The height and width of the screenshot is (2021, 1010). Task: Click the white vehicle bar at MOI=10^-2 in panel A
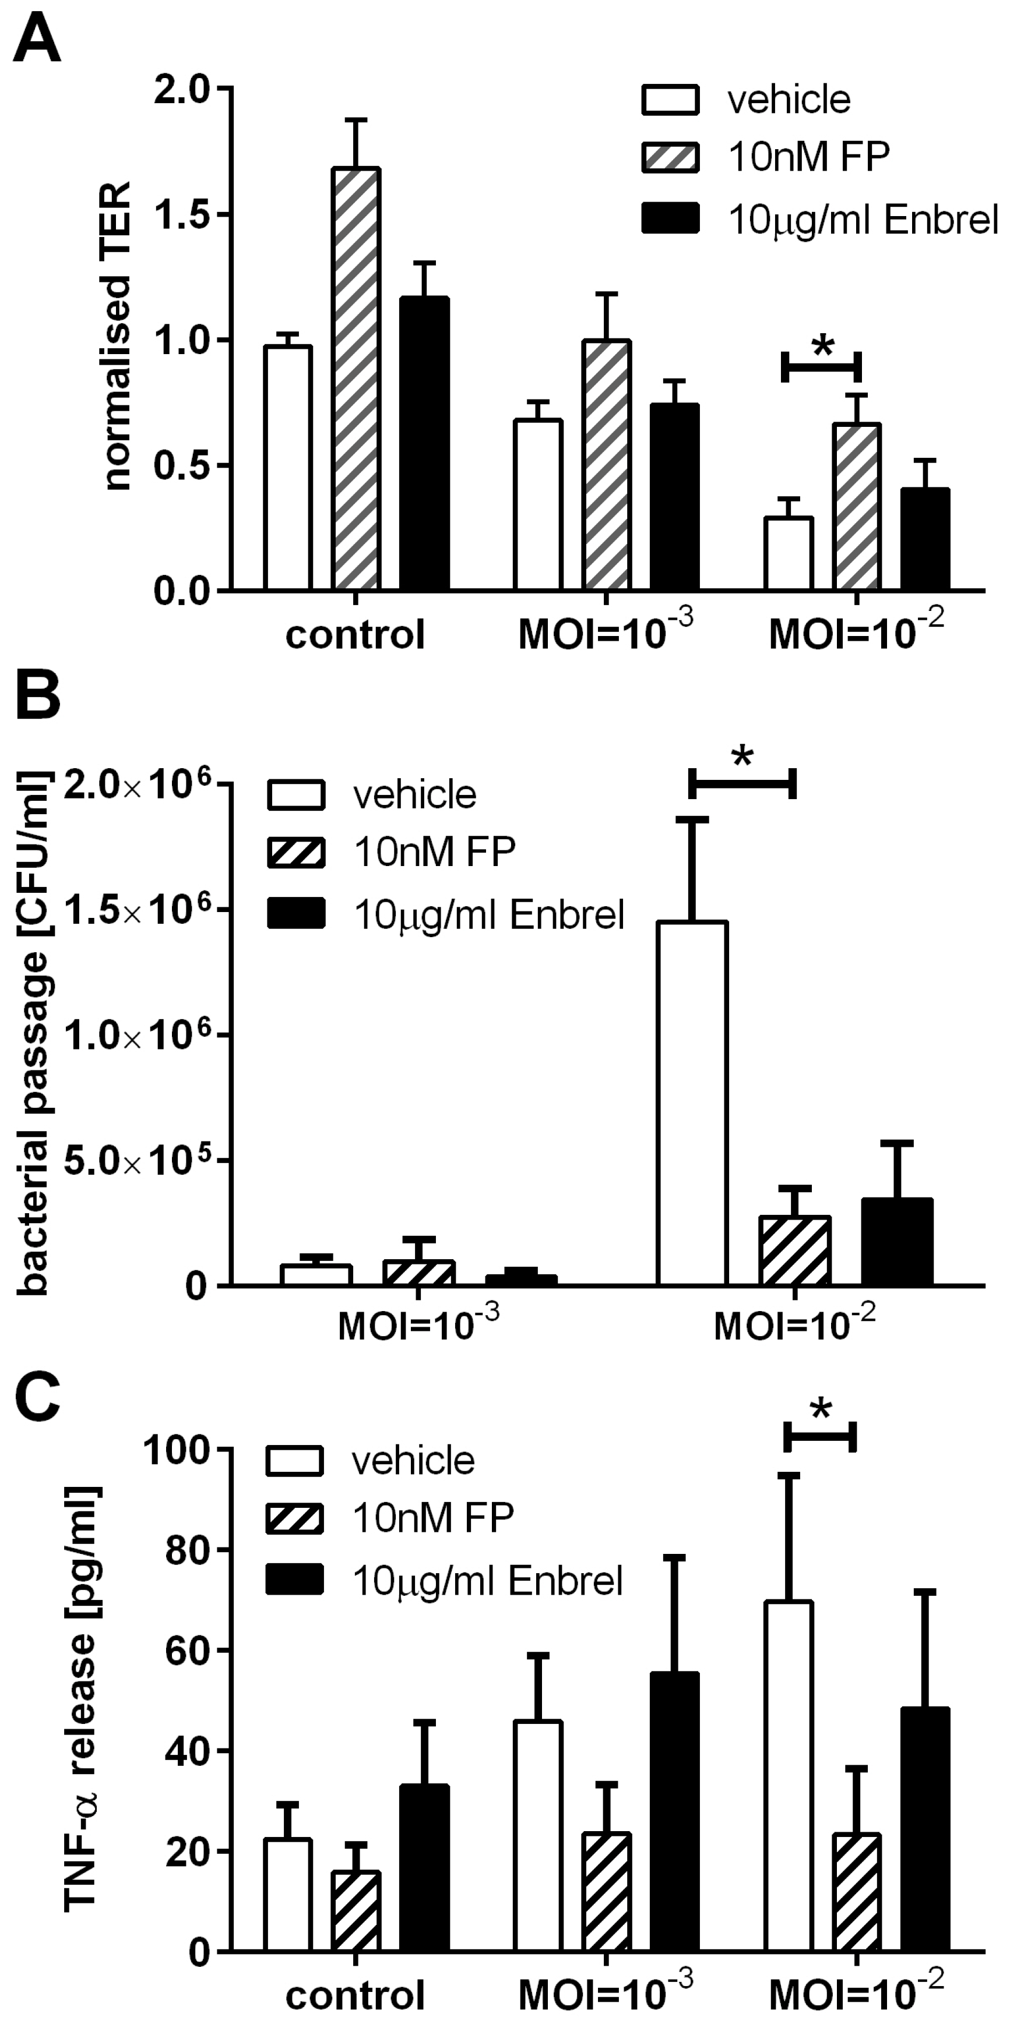point(789,553)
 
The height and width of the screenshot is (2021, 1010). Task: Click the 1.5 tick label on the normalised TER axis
point(186,215)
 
